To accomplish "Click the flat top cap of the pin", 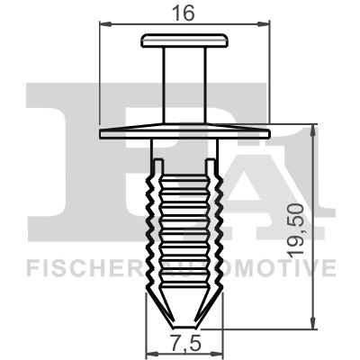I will (x=185, y=40).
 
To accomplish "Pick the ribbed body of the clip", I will (x=185, y=225).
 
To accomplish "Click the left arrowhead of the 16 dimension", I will (x=102, y=23).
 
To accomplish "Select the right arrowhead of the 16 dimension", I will (x=267, y=23).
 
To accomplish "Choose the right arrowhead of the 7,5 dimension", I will (x=217, y=334).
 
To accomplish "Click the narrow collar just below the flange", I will (x=185, y=146).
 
